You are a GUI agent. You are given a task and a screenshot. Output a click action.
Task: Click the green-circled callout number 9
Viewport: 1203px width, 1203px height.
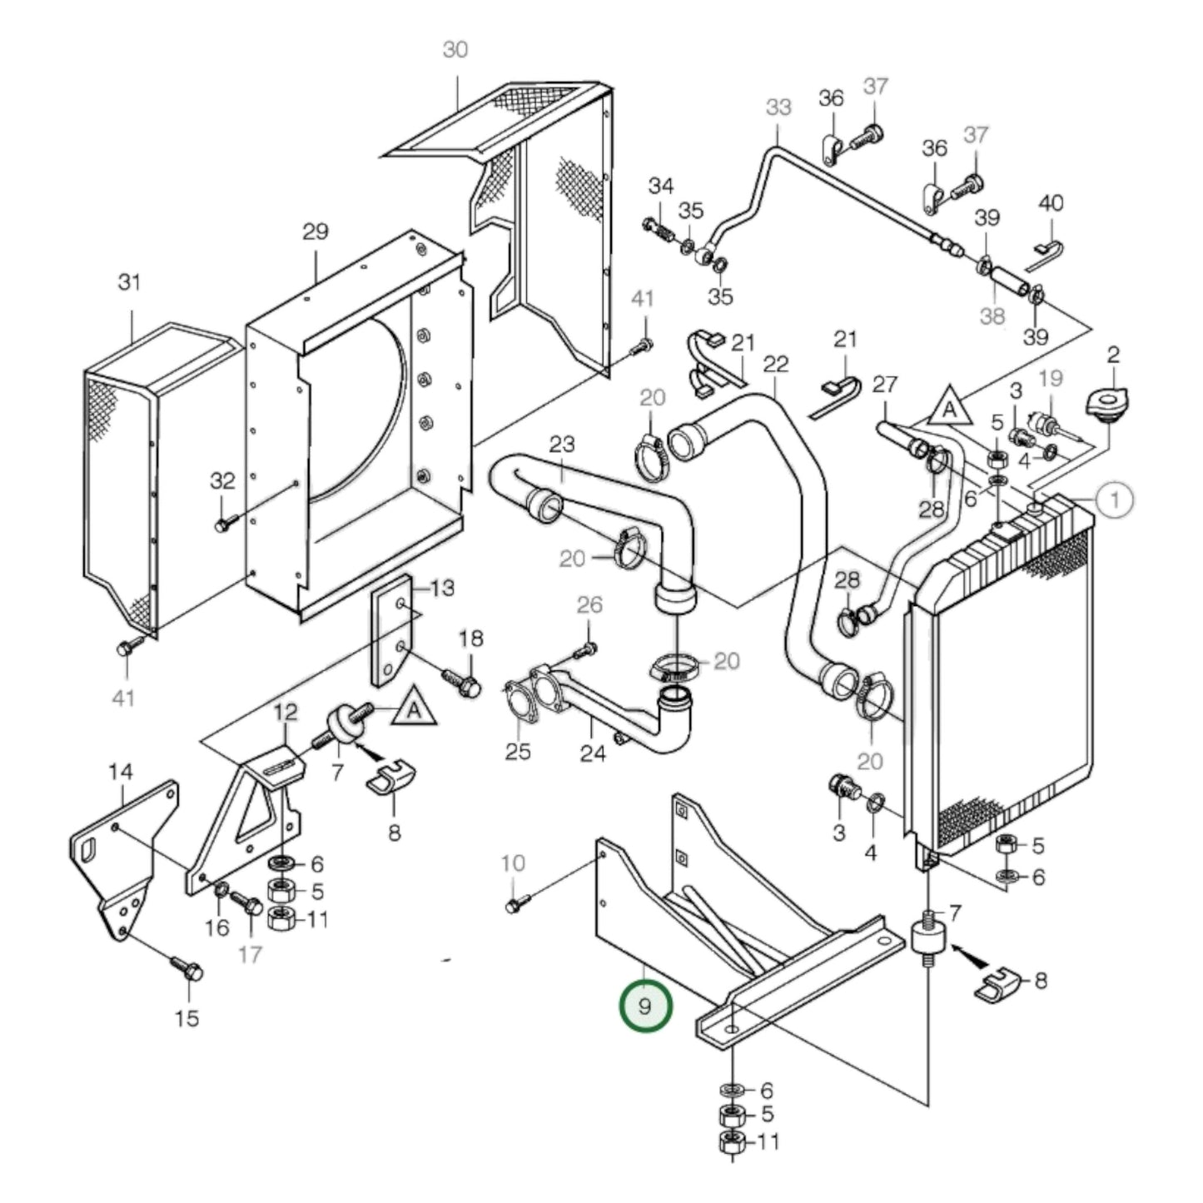[x=644, y=1006]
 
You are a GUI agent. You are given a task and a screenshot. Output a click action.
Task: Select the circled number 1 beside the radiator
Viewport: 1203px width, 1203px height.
[x=1114, y=500]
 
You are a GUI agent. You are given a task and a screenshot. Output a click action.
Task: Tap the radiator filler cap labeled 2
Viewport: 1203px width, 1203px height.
[x=1105, y=407]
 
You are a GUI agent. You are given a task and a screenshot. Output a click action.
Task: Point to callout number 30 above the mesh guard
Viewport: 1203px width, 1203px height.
[x=455, y=50]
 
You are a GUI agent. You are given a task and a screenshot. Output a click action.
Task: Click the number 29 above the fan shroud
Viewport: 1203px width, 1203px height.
[x=315, y=231]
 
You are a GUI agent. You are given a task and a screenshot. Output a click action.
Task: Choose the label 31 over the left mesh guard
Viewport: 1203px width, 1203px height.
[x=129, y=282]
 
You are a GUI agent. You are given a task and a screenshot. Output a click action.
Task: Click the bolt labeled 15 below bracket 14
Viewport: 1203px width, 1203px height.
[x=187, y=970]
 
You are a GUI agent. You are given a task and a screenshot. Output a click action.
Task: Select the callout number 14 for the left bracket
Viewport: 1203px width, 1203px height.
[x=120, y=773]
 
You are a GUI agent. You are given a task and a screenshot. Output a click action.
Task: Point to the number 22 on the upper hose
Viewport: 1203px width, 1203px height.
[x=775, y=364]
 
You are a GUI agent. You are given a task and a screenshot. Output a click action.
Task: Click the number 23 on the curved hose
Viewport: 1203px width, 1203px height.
[x=562, y=445]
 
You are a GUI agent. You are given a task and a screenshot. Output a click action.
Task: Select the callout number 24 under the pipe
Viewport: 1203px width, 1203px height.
[x=593, y=753]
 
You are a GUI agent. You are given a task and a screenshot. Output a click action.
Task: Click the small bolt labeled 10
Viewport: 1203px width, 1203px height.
[x=513, y=905]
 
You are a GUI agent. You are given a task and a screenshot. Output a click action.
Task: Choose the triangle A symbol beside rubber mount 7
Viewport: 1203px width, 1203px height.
[x=414, y=710]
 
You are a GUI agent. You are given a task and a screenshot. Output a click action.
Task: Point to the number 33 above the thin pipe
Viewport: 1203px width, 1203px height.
[x=778, y=107]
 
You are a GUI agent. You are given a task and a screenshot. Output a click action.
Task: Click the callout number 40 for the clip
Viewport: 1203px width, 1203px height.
[x=1051, y=203]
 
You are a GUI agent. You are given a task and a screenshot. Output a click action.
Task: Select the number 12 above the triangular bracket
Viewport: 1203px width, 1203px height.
[x=285, y=712]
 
